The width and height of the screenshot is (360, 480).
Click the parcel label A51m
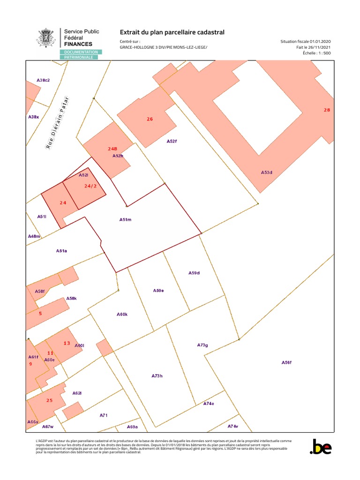(x=125, y=219)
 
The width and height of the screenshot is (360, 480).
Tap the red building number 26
(x=150, y=119)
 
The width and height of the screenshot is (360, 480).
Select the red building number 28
(x=327, y=110)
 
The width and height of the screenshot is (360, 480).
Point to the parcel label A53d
(x=266, y=172)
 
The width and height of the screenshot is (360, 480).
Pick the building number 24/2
(x=90, y=186)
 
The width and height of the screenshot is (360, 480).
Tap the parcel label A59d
(x=194, y=272)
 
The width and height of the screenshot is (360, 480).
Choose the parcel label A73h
(x=157, y=376)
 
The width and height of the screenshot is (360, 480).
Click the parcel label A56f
(x=286, y=362)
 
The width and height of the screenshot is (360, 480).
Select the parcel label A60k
(x=122, y=314)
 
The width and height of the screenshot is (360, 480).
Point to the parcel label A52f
(x=172, y=141)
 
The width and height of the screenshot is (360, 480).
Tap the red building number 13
(x=67, y=343)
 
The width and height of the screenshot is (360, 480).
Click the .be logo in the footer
(x=321, y=447)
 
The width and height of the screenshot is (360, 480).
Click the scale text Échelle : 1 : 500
(x=317, y=53)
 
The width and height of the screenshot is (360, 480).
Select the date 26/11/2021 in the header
(x=322, y=47)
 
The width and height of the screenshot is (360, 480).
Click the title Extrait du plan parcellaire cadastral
(x=172, y=32)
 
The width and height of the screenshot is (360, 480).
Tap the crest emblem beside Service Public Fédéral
(x=47, y=38)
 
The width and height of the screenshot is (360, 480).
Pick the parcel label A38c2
(x=43, y=80)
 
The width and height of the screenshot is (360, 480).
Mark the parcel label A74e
(x=209, y=404)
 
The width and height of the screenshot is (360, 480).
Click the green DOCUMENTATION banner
(x=81, y=52)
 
